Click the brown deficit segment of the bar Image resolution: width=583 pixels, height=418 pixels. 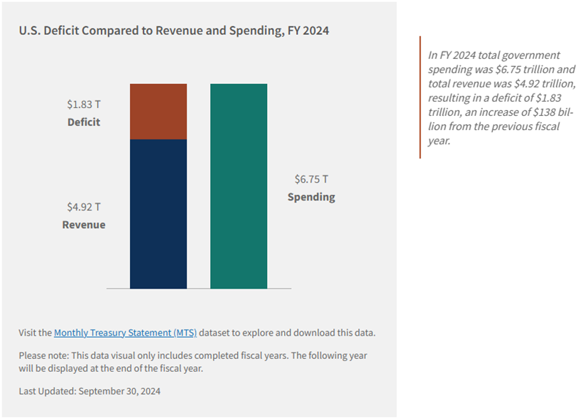click(x=158, y=112)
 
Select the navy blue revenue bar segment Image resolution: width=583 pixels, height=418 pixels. click(x=158, y=213)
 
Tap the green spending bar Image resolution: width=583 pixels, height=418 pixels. click(x=239, y=186)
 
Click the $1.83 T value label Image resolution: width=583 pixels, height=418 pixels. click(x=84, y=104)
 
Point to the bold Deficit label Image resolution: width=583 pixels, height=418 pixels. click(x=84, y=122)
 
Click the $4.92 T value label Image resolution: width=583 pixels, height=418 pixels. click(x=84, y=208)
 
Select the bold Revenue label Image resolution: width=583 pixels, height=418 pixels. click(x=84, y=225)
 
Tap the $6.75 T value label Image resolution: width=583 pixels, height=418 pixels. click(x=311, y=180)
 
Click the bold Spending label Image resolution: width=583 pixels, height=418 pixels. click(x=311, y=197)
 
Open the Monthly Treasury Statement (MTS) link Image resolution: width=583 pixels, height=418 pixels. click(x=125, y=333)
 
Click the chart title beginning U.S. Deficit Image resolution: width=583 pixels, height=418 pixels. click(x=174, y=31)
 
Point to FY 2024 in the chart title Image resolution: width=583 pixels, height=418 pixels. click(x=307, y=31)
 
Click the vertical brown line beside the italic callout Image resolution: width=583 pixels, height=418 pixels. click(x=420, y=97)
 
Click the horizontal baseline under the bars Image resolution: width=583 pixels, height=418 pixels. click(x=199, y=289)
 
